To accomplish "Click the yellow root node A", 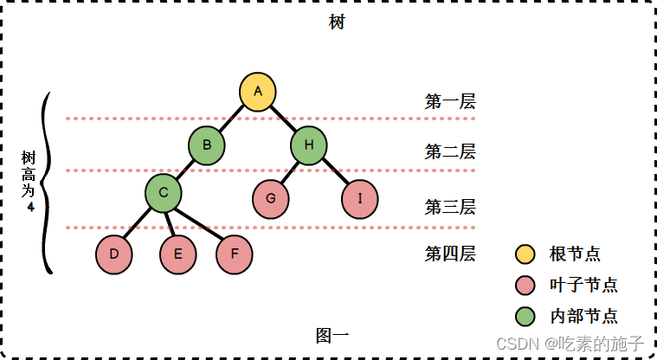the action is [x=257, y=93].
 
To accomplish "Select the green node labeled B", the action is [x=207, y=145].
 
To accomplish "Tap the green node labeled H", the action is [x=308, y=145].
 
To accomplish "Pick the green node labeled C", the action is [x=163, y=193].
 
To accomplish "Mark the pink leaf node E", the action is [x=177, y=254].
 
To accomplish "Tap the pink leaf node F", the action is [x=234, y=254].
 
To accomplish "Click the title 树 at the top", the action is [x=337, y=22].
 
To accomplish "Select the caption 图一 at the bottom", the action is [x=332, y=335].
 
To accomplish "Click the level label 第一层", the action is [x=450, y=100].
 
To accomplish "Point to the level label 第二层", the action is [x=450, y=152].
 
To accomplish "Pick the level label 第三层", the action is [x=450, y=206].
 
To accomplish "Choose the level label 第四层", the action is [x=450, y=254].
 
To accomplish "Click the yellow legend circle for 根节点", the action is [x=525, y=254].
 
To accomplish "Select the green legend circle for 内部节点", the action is [x=525, y=315].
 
